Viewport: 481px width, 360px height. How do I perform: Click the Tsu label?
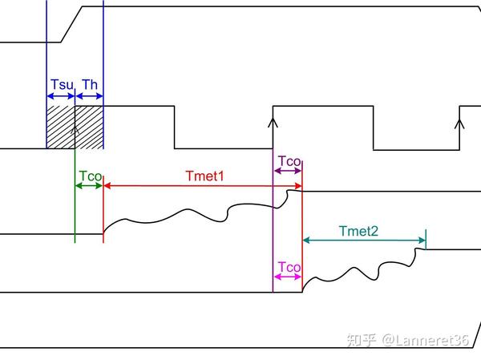60,84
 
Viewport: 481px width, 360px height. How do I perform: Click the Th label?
90,84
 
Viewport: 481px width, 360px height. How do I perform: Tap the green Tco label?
89,175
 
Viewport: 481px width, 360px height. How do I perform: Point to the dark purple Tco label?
289,161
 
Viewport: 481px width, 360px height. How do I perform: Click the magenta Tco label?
288,266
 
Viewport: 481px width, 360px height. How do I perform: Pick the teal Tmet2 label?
358,231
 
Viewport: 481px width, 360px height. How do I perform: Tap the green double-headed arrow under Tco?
89,186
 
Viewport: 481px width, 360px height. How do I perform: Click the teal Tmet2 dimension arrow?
363,241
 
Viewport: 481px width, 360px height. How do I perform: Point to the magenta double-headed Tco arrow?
288,277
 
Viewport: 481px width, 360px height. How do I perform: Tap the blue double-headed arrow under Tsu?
61,95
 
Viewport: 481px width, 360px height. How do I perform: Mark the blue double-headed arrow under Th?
89,95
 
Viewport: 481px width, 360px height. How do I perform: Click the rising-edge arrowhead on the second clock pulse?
273,123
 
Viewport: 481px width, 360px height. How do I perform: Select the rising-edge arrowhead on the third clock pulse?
459,123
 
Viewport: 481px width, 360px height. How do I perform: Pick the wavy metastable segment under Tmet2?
361,269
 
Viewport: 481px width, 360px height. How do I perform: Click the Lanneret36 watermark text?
427,341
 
